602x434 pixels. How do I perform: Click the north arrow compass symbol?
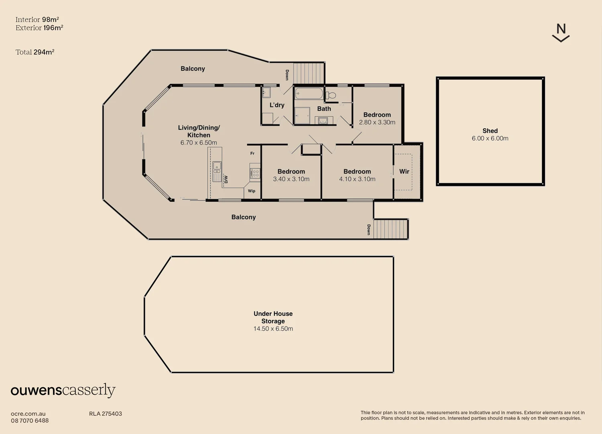coord(561,33)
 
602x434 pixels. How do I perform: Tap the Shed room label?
coord(490,131)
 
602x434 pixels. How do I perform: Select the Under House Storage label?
coord(273,317)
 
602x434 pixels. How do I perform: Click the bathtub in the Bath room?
coord(309,94)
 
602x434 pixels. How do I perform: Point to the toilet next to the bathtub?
coord(331,95)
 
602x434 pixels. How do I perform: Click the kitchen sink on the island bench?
coord(217,166)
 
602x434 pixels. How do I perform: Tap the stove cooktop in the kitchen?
coord(255,173)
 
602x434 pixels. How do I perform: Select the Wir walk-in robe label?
coord(404,172)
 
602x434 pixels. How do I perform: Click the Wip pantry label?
coord(252,191)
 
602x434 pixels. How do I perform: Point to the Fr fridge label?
coord(252,154)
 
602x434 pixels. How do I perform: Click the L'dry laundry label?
coord(277,105)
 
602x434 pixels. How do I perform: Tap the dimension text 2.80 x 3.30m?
coord(377,122)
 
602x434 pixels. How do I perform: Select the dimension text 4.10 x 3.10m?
coord(357,179)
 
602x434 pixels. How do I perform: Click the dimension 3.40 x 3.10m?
coord(291,179)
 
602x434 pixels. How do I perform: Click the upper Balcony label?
coord(193,69)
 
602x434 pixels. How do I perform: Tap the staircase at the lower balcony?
coord(390,229)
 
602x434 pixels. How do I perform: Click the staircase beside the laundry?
coord(309,73)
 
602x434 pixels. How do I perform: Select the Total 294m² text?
coord(35,52)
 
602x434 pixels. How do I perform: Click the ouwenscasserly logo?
coord(63,390)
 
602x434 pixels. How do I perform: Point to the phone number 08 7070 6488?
coord(30,421)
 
